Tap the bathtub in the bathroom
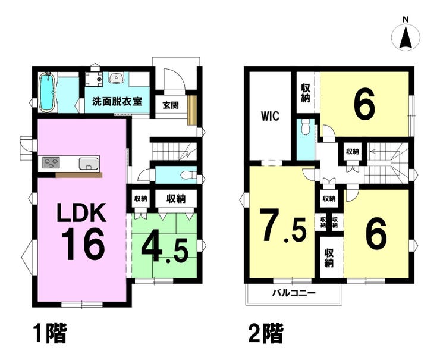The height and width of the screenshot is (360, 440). click(47, 92)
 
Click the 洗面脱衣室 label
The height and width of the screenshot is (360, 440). click(117, 101)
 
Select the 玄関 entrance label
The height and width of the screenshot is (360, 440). click(171, 105)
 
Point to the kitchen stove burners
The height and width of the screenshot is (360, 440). click(50, 162)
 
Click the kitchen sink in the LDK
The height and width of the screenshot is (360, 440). click(88, 162)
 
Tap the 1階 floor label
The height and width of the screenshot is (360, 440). click(46, 334)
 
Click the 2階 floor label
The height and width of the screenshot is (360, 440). click(262, 334)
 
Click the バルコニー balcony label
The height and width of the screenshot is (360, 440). click(294, 293)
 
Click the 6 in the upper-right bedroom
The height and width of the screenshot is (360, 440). click(364, 105)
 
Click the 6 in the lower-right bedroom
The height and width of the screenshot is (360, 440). click(375, 233)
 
